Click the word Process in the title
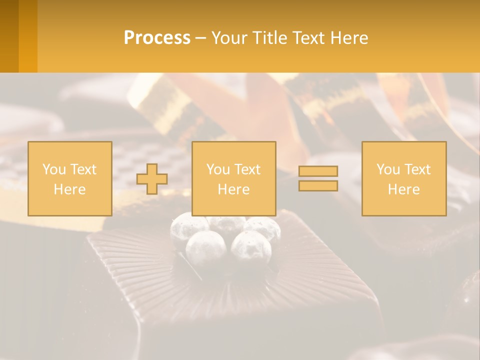(x=157, y=38)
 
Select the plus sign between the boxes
(x=152, y=179)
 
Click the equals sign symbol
(x=318, y=178)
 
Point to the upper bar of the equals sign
(x=318, y=171)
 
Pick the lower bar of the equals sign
(x=318, y=185)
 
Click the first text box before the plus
(x=69, y=178)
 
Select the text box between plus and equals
(x=233, y=178)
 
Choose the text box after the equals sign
(x=403, y=178)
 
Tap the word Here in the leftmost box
(x=69, y=189)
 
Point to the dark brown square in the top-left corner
(x=9, y=36)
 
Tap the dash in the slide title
(x=200, y=38)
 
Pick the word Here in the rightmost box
(x=403, y=189)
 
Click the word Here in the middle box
(x=233, y=189)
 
